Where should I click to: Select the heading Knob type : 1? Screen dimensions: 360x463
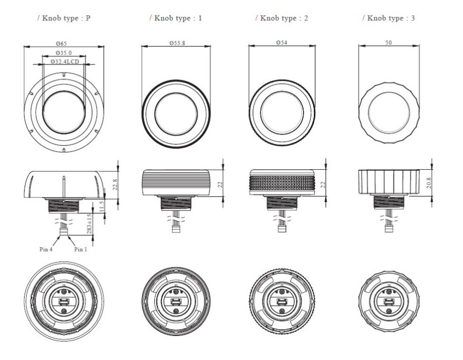click(x=175, y=19)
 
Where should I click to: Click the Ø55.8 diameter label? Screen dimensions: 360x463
click(x=175, y=43)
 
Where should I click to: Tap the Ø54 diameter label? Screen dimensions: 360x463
click(x=281, y=43)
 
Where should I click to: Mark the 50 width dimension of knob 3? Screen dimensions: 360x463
click(x=388, y=43)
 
